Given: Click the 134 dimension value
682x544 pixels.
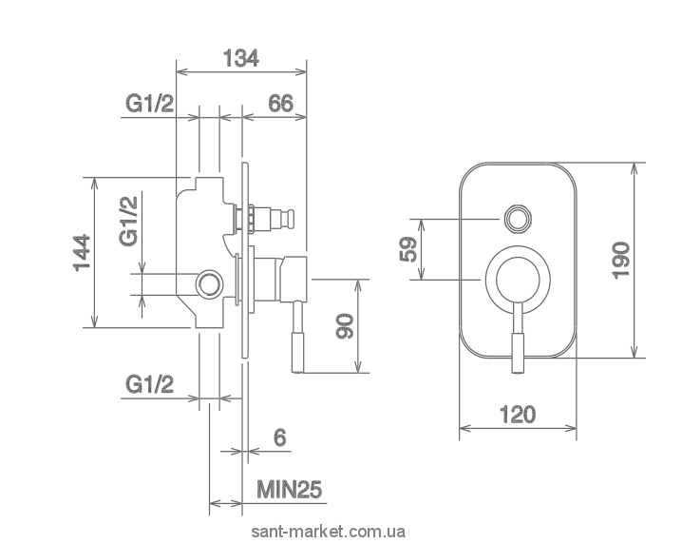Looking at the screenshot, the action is tap(241, 58).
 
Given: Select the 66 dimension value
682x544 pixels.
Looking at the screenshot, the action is tap(280, 104).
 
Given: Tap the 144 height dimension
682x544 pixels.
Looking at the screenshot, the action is tap(83, 253).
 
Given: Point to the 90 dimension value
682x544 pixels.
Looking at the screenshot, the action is tap(345, 326).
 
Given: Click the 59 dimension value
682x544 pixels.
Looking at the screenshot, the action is tap(408, 249).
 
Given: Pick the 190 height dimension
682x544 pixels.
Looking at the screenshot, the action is tap(620, 261).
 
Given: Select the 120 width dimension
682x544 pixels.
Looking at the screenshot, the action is tap(518, 415).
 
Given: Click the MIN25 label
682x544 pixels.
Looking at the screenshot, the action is tap(290, 490).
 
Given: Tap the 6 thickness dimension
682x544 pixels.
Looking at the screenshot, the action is tap(280, 437).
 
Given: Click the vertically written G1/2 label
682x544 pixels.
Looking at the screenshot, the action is tap(128, 221).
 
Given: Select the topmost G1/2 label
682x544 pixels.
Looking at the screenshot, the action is tap(150, 104).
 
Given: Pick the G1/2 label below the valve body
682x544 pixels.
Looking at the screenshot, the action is tap(150, 384).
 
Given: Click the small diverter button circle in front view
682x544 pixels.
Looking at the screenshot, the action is tap(518, 218).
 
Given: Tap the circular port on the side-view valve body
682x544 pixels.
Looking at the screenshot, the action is tap(210, 284).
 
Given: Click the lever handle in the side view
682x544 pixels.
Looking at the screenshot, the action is tap(298, 337).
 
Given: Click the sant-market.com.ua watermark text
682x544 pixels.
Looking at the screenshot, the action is tap(329, 532).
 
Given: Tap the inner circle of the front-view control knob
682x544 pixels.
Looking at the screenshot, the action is tap(518, 280).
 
